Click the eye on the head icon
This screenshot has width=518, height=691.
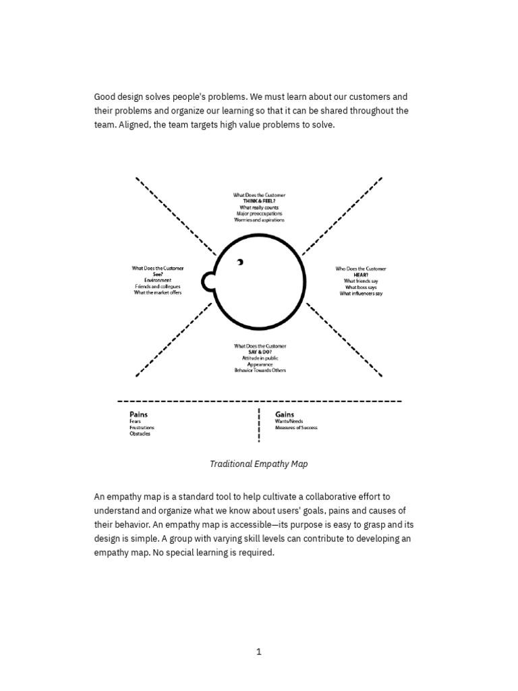(x=239, y=262)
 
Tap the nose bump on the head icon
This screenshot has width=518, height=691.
(x=208, y=280)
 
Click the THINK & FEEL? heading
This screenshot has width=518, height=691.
(x=259, y=201)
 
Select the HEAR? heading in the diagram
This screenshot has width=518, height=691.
(x=361, y=275)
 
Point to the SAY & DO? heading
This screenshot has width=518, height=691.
(x=260, y=352)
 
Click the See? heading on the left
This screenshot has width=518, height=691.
(x=157, y=274)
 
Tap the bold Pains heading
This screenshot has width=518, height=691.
(x=139, y=414)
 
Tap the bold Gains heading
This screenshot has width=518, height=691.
(x=285, y=414)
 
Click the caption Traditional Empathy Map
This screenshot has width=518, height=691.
(x=259, y=464)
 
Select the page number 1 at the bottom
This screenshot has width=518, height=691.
(x=259, y=651)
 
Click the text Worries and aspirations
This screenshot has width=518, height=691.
(x=260, y=220)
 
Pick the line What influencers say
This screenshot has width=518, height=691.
(x=361, y=294)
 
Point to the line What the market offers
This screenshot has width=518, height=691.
(x=157, y=292)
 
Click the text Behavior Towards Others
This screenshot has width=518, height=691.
(x=260, y=370)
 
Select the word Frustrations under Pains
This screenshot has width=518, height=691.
(x=142, y=427)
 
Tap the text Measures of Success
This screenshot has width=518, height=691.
(x=296, y=427)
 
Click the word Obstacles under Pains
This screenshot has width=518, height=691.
(x=140, y=433)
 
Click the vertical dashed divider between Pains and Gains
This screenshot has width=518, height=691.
(x=259, y=425)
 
